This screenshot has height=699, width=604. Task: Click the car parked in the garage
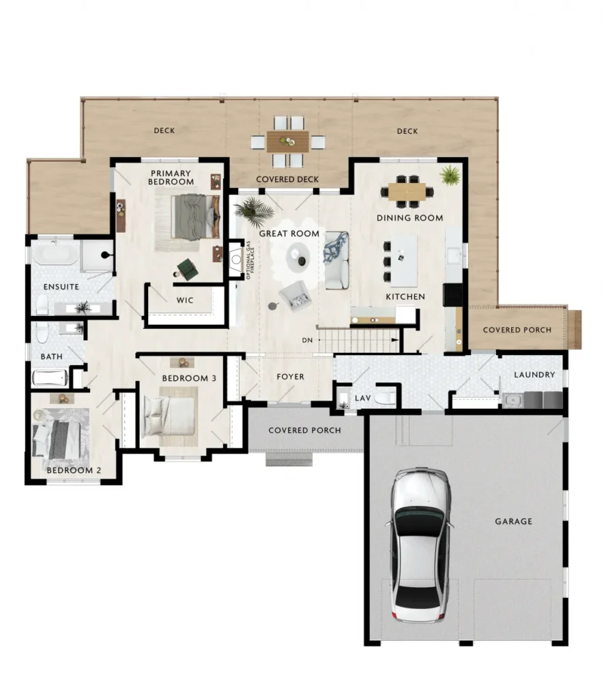420,545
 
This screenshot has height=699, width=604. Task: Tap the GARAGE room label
513,521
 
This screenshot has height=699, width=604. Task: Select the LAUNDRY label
534,375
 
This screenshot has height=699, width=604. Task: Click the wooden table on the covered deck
287,141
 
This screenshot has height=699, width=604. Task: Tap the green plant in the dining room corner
450,175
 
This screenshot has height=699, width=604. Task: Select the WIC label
184,300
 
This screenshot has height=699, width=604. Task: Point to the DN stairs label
307,340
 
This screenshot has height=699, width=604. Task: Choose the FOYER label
290,377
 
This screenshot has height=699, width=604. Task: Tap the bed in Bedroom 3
169,416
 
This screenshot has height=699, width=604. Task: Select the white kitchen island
404,261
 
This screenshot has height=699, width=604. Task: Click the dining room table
407,192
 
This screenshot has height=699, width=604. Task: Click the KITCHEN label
405,296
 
